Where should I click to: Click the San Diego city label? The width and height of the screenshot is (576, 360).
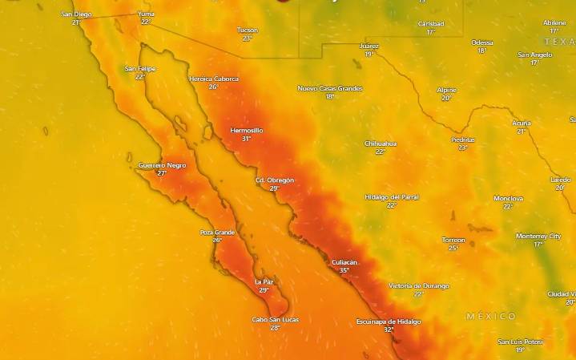77,14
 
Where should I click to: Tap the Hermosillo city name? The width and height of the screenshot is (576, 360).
246,130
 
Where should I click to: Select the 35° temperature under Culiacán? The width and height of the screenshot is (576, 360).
344,271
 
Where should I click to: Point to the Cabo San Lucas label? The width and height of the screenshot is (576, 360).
276,319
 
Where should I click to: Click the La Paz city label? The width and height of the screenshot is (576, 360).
264,281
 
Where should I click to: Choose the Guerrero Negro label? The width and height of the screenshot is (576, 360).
162,164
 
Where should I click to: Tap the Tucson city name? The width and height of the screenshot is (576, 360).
248,30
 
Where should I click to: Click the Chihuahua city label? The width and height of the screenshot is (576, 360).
381,144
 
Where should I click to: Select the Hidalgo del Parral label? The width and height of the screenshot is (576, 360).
392,196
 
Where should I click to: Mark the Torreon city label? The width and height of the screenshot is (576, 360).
453,239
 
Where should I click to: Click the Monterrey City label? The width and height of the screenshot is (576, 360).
538,236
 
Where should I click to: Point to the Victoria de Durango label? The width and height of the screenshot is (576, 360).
419,285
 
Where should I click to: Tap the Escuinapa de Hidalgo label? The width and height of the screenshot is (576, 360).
389,321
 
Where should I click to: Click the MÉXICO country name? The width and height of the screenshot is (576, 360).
491,317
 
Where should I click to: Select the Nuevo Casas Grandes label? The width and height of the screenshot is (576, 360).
330,88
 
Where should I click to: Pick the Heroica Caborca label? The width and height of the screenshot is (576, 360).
214,79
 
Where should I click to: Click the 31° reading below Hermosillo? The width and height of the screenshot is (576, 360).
246,139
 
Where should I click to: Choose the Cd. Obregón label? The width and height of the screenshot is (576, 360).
275,180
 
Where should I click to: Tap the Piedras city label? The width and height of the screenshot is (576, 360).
463,140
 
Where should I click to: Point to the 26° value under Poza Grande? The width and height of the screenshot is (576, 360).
217,240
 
